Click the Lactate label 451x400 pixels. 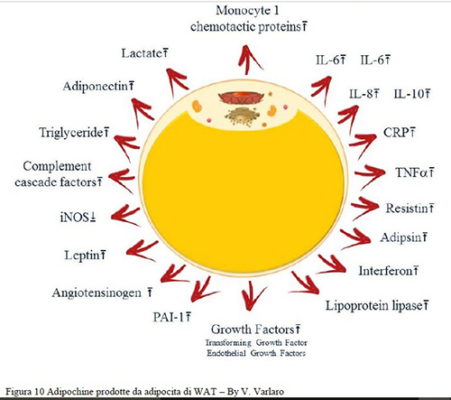(x=145, y=55)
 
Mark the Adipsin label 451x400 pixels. (x=395, y=238)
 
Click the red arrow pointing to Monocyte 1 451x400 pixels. (x=244, y=58)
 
